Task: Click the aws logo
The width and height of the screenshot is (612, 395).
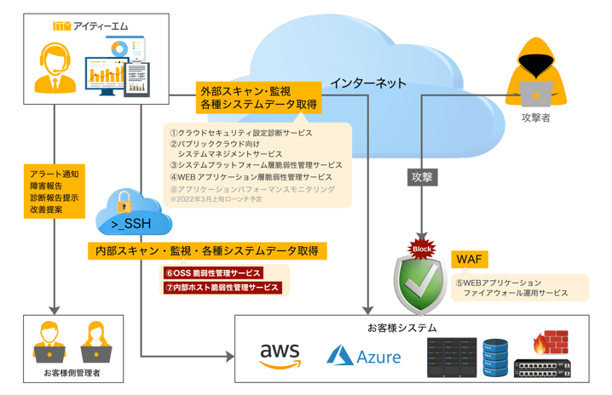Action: [x=280, y=355]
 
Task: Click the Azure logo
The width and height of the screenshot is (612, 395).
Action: [x=364, y=356]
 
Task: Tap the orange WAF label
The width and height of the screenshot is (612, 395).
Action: [x=471, y=259]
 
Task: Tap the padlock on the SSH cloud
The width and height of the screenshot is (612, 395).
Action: [x=124, y=201]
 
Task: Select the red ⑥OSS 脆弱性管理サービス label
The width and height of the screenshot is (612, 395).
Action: [x=212, y=273]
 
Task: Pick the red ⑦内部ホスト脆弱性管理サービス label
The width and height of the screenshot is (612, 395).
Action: [x=222, y=288]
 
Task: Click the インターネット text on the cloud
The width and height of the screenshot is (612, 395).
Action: [x=367, y=83]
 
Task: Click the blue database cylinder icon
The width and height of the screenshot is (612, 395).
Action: [x=494, y=356]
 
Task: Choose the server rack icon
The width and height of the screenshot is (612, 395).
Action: [x=451, y=356]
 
